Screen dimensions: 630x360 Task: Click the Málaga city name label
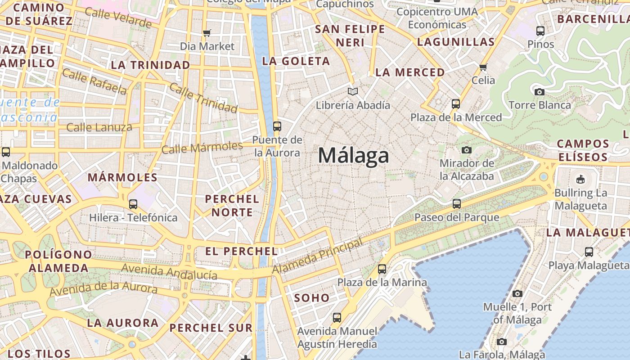point(353,156)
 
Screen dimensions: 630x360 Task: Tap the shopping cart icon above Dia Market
point(207,32)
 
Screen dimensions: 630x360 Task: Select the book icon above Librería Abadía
point(353,92)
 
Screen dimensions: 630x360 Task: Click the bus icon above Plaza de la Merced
point(455,104)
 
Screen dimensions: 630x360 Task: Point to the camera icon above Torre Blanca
point(539,92)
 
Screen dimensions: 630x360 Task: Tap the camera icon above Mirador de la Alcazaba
point(467,150)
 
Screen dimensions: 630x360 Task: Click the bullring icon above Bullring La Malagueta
point(580,180)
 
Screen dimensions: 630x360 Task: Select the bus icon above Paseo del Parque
point(457,204)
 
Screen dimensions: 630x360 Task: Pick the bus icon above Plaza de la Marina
point(382,269)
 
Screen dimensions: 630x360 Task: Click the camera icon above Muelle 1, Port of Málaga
point(517,293)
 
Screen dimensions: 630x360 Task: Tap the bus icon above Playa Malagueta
point(589,252)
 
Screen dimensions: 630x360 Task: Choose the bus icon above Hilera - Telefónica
point(133,204)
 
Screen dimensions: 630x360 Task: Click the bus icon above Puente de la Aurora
point(277,126)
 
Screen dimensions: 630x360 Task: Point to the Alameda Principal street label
point(318,256)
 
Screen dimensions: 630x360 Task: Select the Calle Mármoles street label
point(202,148)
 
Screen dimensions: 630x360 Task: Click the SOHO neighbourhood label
point(312,298)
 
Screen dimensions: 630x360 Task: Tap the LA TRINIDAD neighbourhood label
point(150,65)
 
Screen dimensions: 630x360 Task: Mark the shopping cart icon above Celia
point(483,67)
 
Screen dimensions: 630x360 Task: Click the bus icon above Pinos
point(540,31)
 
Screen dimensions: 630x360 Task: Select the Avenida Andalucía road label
point(169,271)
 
